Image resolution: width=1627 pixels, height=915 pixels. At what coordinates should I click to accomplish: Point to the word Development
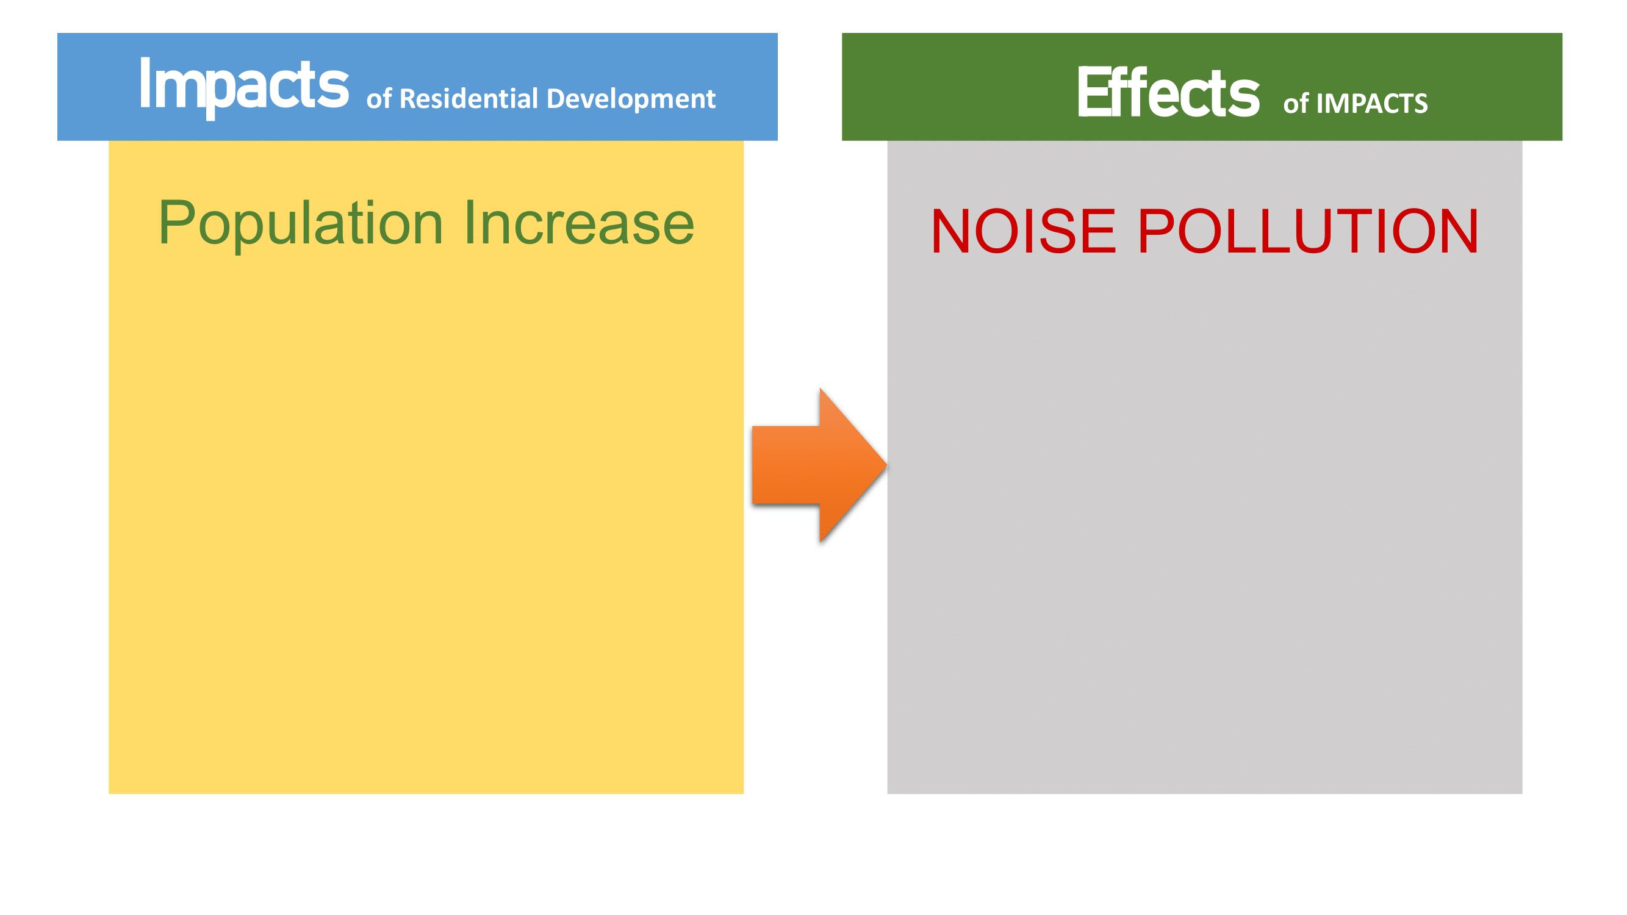point(631,99)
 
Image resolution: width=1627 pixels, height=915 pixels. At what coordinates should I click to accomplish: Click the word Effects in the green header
point(1168,92)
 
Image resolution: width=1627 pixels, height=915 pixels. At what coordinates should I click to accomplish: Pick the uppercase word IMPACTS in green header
point(1372,104)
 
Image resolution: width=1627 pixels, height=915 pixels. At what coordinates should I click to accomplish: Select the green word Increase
point(579,223)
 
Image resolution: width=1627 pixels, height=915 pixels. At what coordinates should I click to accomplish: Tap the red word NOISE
point(1023,231)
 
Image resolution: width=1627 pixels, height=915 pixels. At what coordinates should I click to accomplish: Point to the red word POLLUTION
point(1308,231)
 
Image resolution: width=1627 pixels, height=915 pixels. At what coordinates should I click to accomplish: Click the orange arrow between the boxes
point(819,465)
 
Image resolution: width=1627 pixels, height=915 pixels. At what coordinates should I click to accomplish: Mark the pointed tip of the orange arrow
point(887,465)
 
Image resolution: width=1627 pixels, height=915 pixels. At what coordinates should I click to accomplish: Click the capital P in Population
point(177,222)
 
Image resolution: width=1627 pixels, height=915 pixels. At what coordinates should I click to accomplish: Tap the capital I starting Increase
point(469,222)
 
